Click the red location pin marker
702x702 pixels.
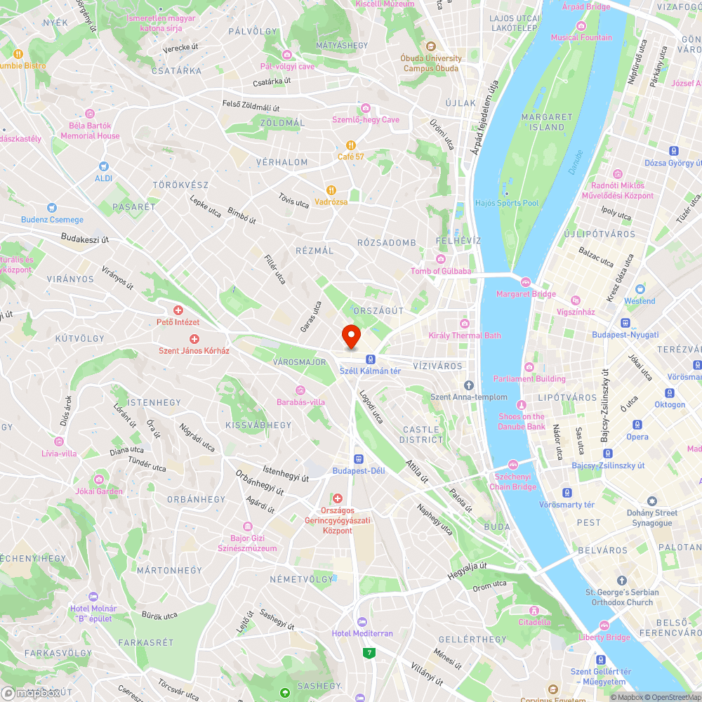point(351,336)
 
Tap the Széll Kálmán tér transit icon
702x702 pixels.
point(370,359)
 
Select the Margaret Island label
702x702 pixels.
point(548,122)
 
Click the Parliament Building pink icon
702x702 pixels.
point(528,367)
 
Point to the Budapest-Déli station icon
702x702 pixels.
point(359,458)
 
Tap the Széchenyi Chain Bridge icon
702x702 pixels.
point(513,465)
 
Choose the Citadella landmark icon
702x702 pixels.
point(534,610)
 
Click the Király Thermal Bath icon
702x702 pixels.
point(464,324)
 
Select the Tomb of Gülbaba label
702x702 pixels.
point(441,271)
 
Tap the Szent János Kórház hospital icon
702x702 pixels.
point(194,338)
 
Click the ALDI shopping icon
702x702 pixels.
point(104,166)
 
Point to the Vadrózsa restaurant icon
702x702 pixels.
point(331,190)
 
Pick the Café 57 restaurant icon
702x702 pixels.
point(350,145)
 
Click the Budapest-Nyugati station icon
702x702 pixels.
point(625,323)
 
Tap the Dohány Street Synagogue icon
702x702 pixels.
point(652,501)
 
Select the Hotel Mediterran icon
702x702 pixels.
point(362,621)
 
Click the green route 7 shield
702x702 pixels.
point(369,653)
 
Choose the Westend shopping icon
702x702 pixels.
point(640,289)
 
